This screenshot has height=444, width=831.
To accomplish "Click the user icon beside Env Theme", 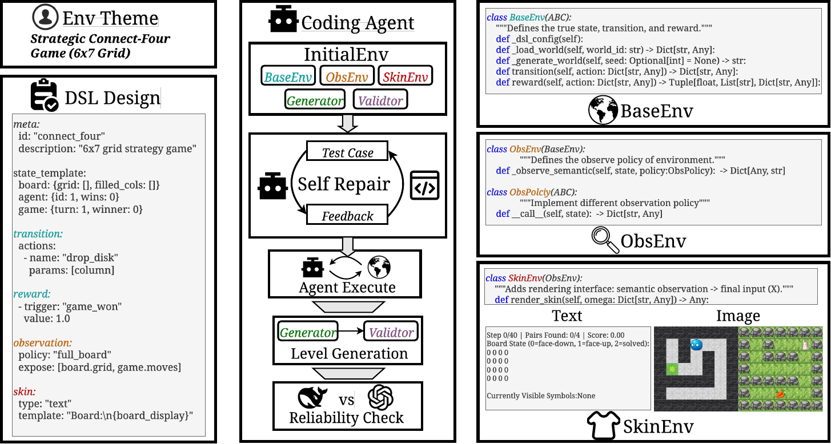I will pyautogui.click(x=45, y=18).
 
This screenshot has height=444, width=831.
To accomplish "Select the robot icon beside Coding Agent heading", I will pyautogui.click(x=283, y=21).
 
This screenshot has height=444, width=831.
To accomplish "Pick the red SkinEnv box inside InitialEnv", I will pyautogui.click(x=406, y=76).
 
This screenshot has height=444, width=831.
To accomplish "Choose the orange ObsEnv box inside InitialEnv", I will pyautogui.click(x=346, y=76).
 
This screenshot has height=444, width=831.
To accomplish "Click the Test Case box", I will pyautogui.click(x=347, y=152).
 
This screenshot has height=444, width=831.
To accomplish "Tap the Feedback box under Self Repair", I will pyautogui.click(x=347, y=216).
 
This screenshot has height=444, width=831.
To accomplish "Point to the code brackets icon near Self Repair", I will pyautogui.click(x=425, y=185).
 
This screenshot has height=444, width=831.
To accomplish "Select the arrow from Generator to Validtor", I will pyautogui.click(x=351, y=331).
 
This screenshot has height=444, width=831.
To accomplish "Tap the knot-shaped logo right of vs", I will pyautogui.click(x=382, y=398).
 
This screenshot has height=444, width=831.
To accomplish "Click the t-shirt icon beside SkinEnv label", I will pyautogui.click(x=603, y=425).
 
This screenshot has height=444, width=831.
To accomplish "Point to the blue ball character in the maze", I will pyautogui.click(x=696, y=345).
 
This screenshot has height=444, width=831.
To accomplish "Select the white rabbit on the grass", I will pyautogui.click(x=805, y=344).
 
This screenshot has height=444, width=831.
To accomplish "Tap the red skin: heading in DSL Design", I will pyautogui.click(x=24, y=391).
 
